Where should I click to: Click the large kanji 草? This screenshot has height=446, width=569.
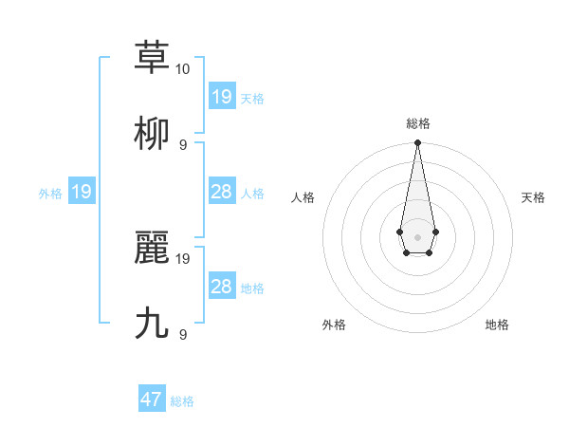(x=152, y=58)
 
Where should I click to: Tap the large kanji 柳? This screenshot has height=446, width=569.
(x=152, y=134)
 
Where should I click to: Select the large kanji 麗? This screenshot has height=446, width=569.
(x=152, y=248)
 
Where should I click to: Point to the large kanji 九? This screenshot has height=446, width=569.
(x=152, y=324)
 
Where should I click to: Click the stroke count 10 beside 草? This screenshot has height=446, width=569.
(x=183, y=69)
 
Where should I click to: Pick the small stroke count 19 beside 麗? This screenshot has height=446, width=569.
(x=183, y=258)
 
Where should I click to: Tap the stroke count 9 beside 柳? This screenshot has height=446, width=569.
(x=182, y=145)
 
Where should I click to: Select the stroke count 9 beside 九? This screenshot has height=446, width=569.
(x=182, y=335)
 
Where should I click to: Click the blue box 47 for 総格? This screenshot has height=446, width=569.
(x=152, y=400)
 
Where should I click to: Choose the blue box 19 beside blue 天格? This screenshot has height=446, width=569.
(x=221, y=96)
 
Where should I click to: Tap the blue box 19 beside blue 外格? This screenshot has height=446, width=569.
(x=82, y=192)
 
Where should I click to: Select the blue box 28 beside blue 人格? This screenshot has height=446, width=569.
(x=221, y=192)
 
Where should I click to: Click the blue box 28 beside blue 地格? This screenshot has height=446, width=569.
(x=221, y=287)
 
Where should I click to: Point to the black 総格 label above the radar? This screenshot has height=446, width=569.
(x=417, y=123)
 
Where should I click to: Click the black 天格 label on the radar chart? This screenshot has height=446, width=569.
(x=533, y=197)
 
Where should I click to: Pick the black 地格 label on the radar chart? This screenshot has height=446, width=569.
(x=497, y=325)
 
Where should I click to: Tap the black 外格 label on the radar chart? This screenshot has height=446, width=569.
(x=334, y=325)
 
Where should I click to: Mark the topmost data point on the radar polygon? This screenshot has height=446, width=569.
(x=417, y=143)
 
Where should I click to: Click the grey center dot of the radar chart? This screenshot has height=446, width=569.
(x=417, y=236)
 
